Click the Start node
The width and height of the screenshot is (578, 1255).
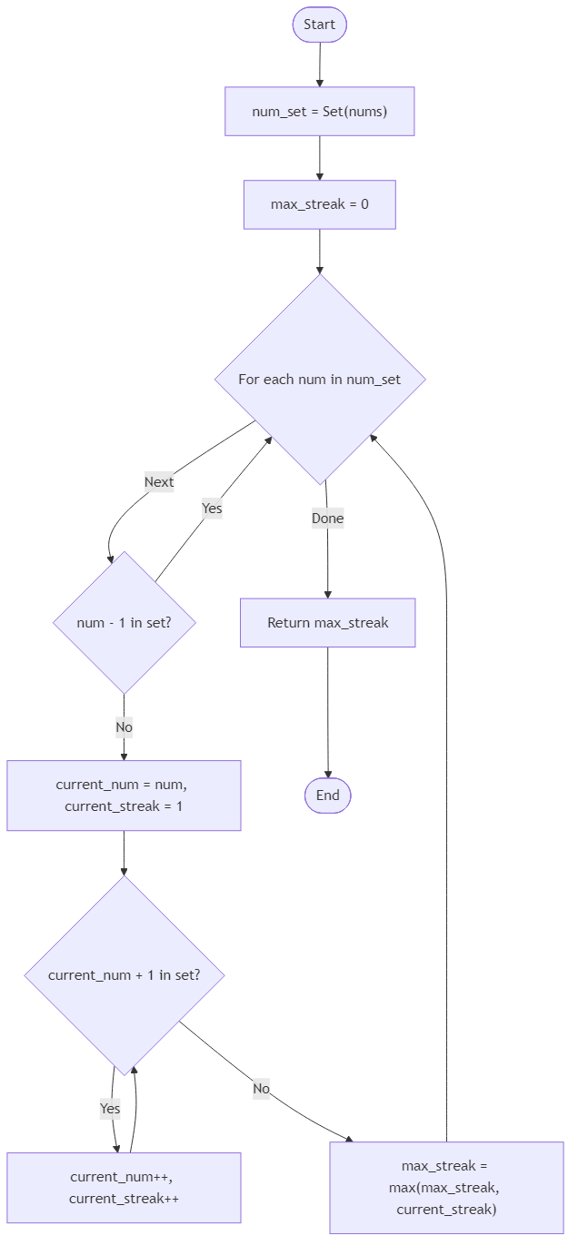click(319, 25)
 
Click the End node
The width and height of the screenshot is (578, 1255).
click(327, 795)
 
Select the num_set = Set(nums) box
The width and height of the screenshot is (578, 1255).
click(319, 112)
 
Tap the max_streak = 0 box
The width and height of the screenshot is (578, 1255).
click(319, 204)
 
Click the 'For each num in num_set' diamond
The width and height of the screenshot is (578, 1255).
click(319, 379)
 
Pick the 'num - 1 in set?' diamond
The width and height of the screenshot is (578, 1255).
click(124, 623)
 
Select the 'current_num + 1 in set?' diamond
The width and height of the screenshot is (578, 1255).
click(124, 975)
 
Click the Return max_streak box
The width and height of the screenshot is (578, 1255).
click(327, 623)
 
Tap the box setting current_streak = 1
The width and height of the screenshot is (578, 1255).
click(124, 795)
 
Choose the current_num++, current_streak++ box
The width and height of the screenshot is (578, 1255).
click(124, 1188)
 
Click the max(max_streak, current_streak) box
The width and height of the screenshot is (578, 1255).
click(446, 1188)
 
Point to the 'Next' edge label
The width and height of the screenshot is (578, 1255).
click(159, 482)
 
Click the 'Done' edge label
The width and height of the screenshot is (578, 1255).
click(327, 519)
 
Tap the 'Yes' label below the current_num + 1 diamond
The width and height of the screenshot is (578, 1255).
click(110, 1109)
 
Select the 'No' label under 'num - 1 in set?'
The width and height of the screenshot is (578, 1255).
click(124, 727)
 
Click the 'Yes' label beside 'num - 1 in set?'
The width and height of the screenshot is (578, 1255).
click(212, 509)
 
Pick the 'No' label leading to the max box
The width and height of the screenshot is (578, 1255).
click(262, 1088)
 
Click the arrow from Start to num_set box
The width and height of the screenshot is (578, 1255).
click(319, 64)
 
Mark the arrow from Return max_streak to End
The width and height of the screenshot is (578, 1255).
click(327, 713)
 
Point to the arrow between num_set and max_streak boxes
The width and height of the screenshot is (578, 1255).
click(319, 158)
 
